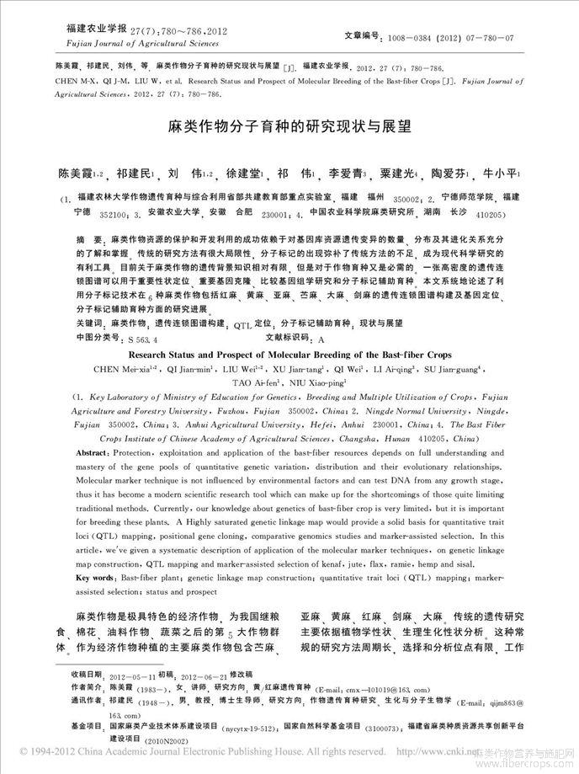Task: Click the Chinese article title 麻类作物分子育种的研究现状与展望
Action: tap(289, 131)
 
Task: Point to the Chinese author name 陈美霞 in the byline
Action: tap(77, 173)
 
